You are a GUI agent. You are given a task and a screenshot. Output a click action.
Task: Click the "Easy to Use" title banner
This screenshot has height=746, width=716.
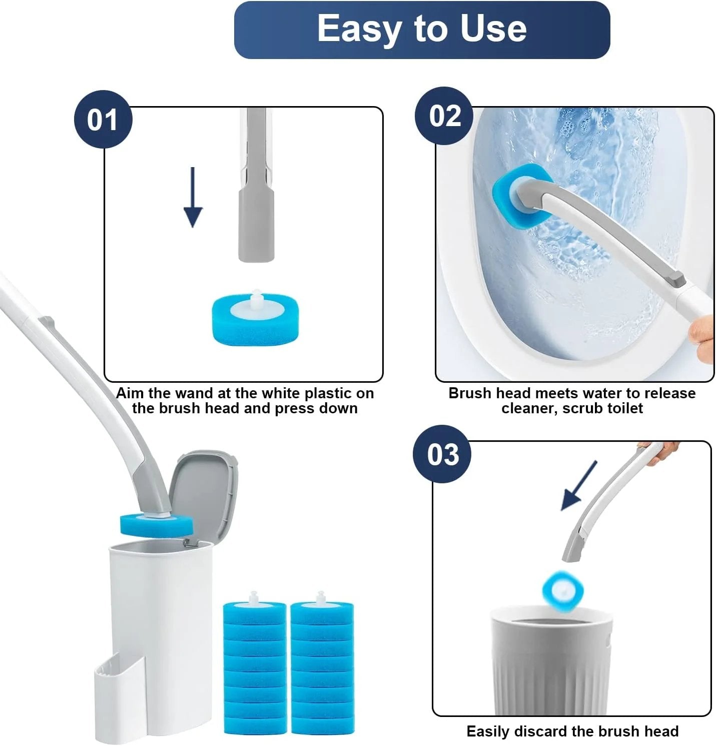tap(422, 30)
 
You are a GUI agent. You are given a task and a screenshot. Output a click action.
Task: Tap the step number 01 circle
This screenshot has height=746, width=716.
tap(103, 120)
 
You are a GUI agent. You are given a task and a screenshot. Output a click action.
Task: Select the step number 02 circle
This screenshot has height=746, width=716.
tap(444, 116)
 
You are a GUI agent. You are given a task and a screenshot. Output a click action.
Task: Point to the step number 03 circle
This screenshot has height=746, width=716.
tap(442, 454)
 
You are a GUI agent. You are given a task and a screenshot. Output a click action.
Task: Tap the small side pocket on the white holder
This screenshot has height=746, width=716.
tap(120, 698)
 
